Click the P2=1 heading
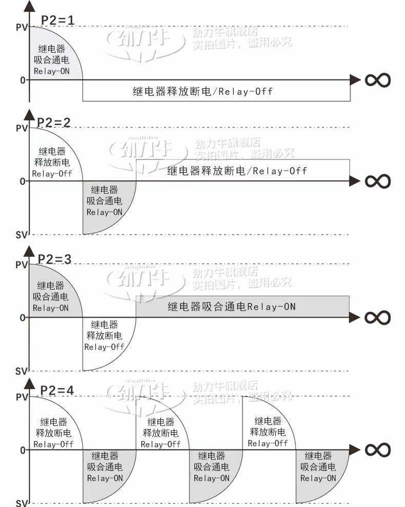click(58, 21)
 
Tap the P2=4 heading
click(57, 390)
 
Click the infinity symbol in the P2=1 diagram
click(378, 80)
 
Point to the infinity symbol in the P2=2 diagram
click(378, 181)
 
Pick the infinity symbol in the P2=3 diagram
click(378, 317)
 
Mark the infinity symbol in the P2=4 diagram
click(378, 450)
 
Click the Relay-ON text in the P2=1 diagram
click(51, 71)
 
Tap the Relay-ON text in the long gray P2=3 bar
click(272, 307)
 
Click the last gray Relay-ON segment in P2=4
click(318, 472)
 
